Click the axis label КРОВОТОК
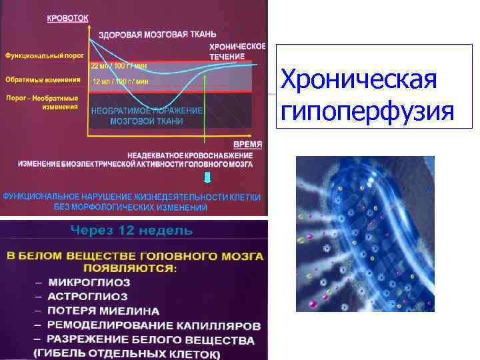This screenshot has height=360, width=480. click(x=67, y=19)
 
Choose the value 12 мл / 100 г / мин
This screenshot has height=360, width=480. click(x=120, y=81)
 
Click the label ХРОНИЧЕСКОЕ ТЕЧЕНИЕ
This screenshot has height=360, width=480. click(x=237, y=51)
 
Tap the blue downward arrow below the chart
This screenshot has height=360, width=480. click(x=208, y=178)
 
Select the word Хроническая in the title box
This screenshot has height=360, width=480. click(x=359, y=81)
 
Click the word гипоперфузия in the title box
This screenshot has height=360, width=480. click(x=367, y=111)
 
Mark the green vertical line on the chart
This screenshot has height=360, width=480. click(x=204, y=100)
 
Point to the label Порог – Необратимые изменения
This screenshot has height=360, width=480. click(x=41, y=102)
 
